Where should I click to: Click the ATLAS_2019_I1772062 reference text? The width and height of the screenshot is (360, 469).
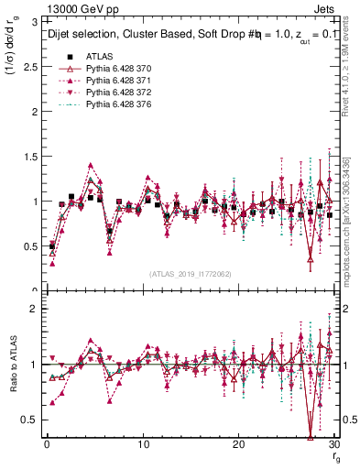tap(190, 273)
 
